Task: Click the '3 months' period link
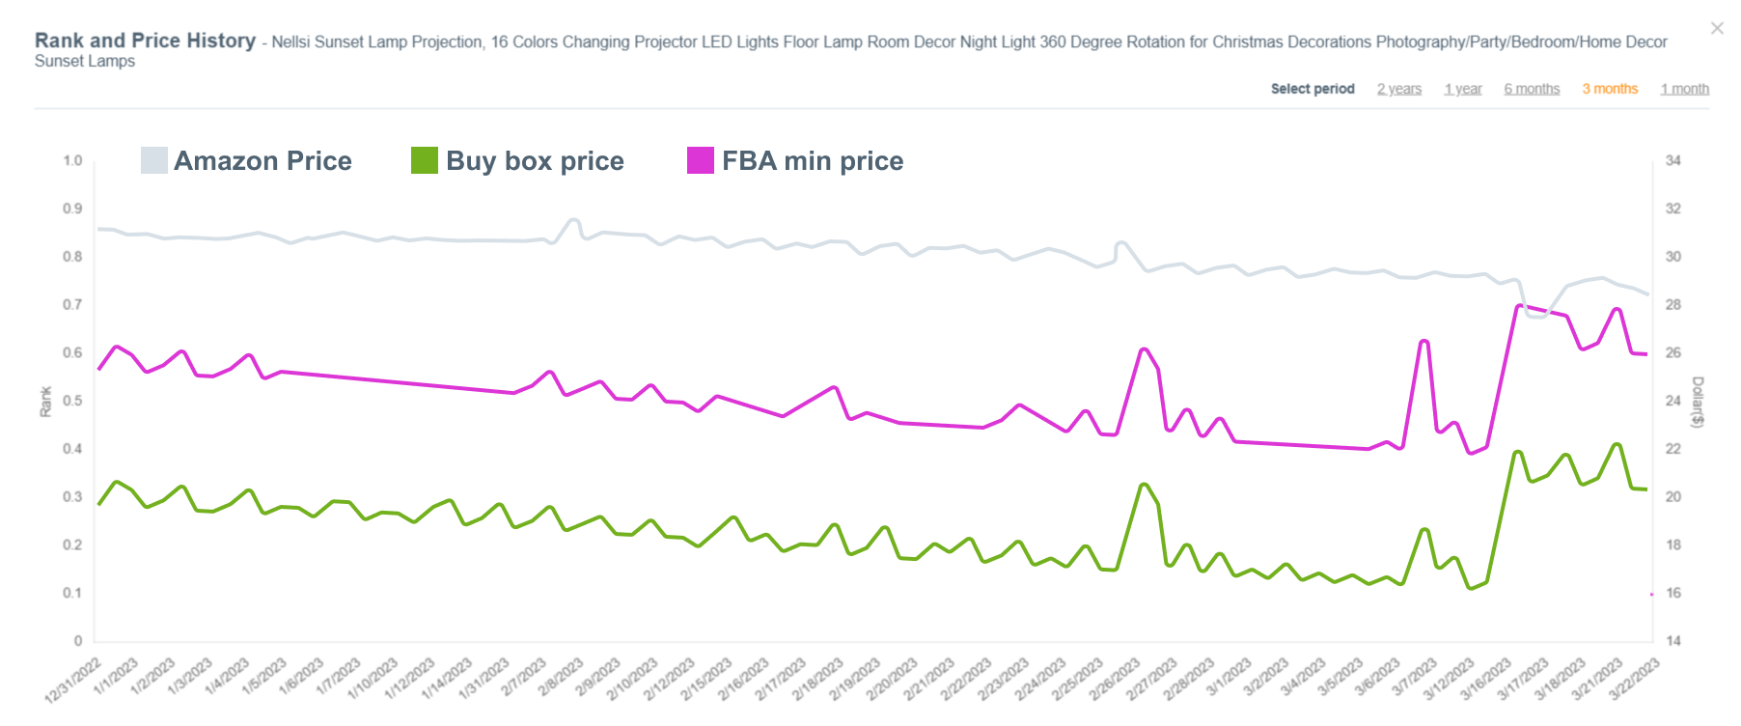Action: [x=1610, y=89]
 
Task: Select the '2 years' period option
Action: [x=1398, y=89]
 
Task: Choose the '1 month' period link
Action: [x=1684, y=89]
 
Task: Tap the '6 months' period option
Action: [x=1532, y=89]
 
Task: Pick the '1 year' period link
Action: [x=1462, y=89]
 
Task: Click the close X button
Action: [x=1717, y=28]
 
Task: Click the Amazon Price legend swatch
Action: [x=153, y=160]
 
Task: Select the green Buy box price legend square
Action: [x=424, y=160]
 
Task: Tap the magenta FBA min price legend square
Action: [x=700, y=160]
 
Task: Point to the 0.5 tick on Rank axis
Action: [x=72, y=401]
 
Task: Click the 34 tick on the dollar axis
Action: [x=1672, y=160]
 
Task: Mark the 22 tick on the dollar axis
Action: [x=1672, y=449]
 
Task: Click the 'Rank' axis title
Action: [x=45, y=402]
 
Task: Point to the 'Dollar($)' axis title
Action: [x=1698, y=402]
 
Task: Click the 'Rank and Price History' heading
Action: [x=145, y=41]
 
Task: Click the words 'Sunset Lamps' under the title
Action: [x=85, y=61]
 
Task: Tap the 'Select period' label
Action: [x=1313, y=89]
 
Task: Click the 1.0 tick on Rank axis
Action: [x=72, y=160]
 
